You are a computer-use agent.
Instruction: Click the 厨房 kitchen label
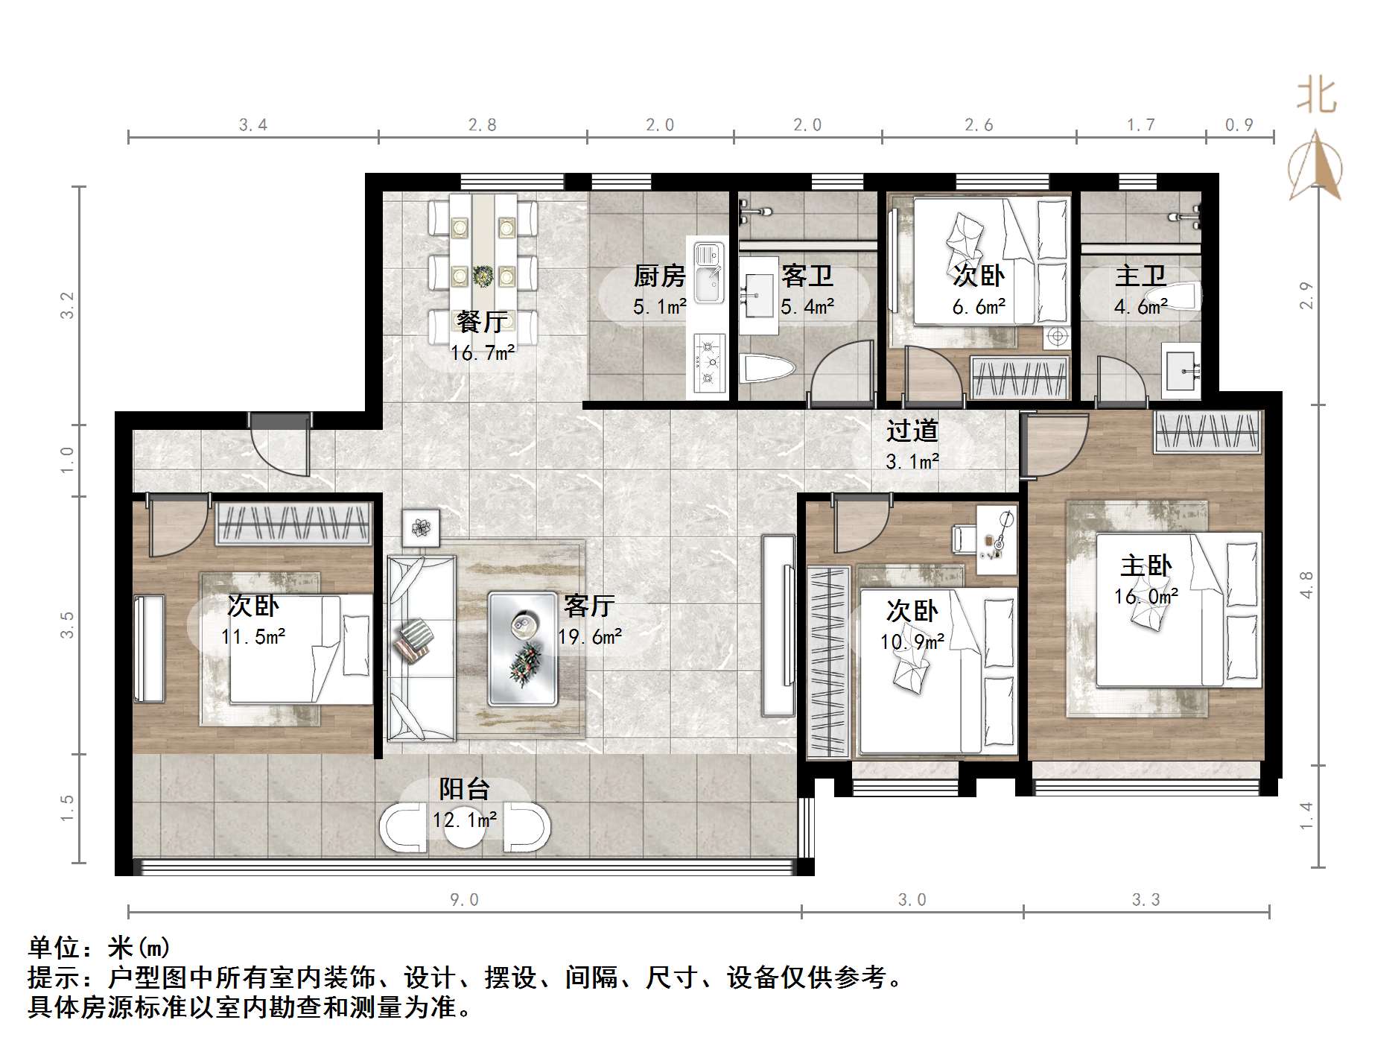[x=659, y=276]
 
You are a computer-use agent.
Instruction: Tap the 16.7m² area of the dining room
[x=482, y=352]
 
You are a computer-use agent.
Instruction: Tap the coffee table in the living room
[x=523, y=649]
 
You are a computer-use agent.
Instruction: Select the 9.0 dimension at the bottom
[x=464, y=900]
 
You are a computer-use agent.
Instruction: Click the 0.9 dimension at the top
[x=1239, y=125]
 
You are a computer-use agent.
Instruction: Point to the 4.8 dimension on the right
[x=1306, y=585]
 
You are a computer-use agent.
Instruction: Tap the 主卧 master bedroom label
[x=1146, y=565]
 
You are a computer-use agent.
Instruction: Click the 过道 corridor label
[x=912, y=431]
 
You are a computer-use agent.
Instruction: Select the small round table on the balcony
[x=465, y=828]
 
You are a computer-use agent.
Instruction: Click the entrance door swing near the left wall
[x=280, y=446]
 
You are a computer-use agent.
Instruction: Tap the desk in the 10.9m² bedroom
[x=995, y=539]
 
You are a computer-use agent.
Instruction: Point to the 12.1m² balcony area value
[x=465, y=820]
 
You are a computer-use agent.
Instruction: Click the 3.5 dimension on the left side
[x=68, y=624]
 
